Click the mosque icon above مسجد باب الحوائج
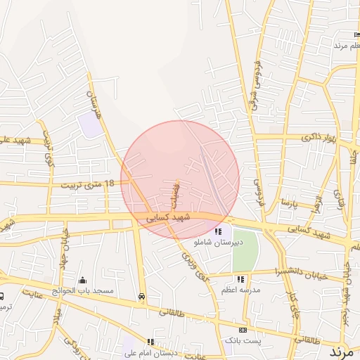coord(82,280)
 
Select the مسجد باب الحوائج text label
coord(83,290)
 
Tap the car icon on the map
coord(143,297)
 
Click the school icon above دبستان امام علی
coord(150,342)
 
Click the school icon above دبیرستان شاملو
coord(219,231)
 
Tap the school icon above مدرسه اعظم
coord(241,280)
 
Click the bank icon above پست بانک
coord(243,330)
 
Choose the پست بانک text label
coord(238,340)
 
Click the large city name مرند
coord(345,349)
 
